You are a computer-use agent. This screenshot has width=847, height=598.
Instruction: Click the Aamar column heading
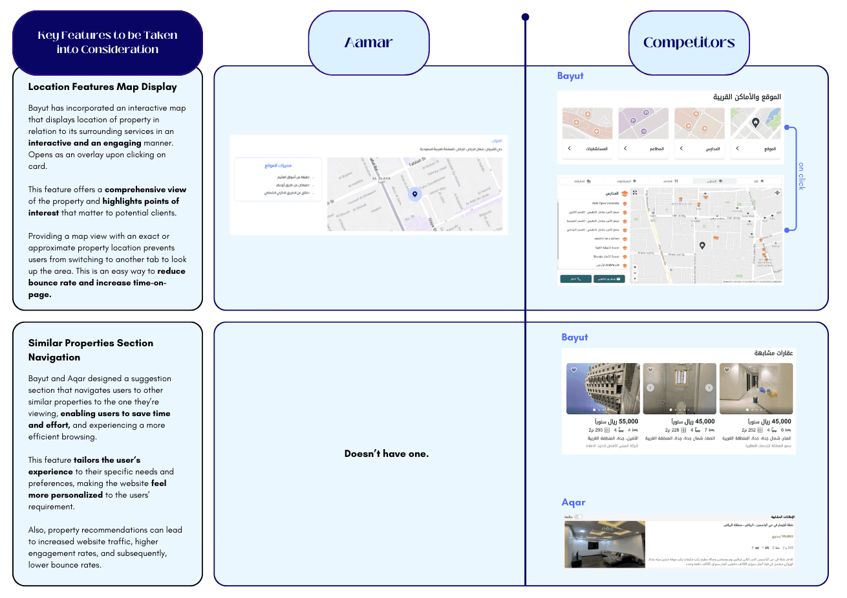(x=369, y=43)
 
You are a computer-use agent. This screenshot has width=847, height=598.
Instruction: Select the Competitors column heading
(x=689, y=43)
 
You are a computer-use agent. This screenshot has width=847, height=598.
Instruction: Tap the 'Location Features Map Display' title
(x=102, y=87)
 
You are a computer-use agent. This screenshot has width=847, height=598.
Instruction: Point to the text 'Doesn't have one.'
(x=386, y=454)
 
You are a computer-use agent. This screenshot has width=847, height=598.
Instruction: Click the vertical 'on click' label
(x=802, y=176)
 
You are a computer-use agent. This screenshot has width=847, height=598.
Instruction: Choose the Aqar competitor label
(x=573, y=502)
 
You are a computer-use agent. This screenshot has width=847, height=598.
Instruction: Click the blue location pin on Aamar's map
(x=415, y=194)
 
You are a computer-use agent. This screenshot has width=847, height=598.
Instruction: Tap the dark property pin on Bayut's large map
(x=702, y=245)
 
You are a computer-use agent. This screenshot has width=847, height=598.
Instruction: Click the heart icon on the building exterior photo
(x=573, y=370)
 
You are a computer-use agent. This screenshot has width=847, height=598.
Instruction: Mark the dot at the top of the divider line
(x=525, y=17)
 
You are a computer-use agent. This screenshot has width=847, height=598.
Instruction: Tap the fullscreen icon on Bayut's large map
(x=635, y=192)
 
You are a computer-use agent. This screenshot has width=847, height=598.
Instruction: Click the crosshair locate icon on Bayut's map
(x=777, y=192)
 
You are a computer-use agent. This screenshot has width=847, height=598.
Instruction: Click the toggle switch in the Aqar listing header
(x=579, y=516)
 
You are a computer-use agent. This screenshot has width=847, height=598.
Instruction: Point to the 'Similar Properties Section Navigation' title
(x=91, y=350)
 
